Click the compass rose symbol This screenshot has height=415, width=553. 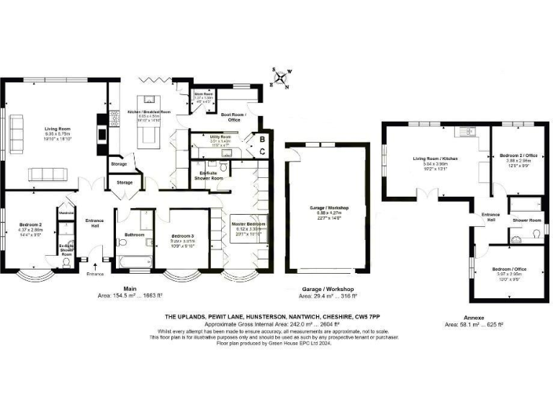282,79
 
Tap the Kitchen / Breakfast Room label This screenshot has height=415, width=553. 149,112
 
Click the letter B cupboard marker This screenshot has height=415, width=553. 263,138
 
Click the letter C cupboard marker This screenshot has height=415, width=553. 263,151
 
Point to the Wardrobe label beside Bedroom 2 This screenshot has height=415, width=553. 67,213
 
